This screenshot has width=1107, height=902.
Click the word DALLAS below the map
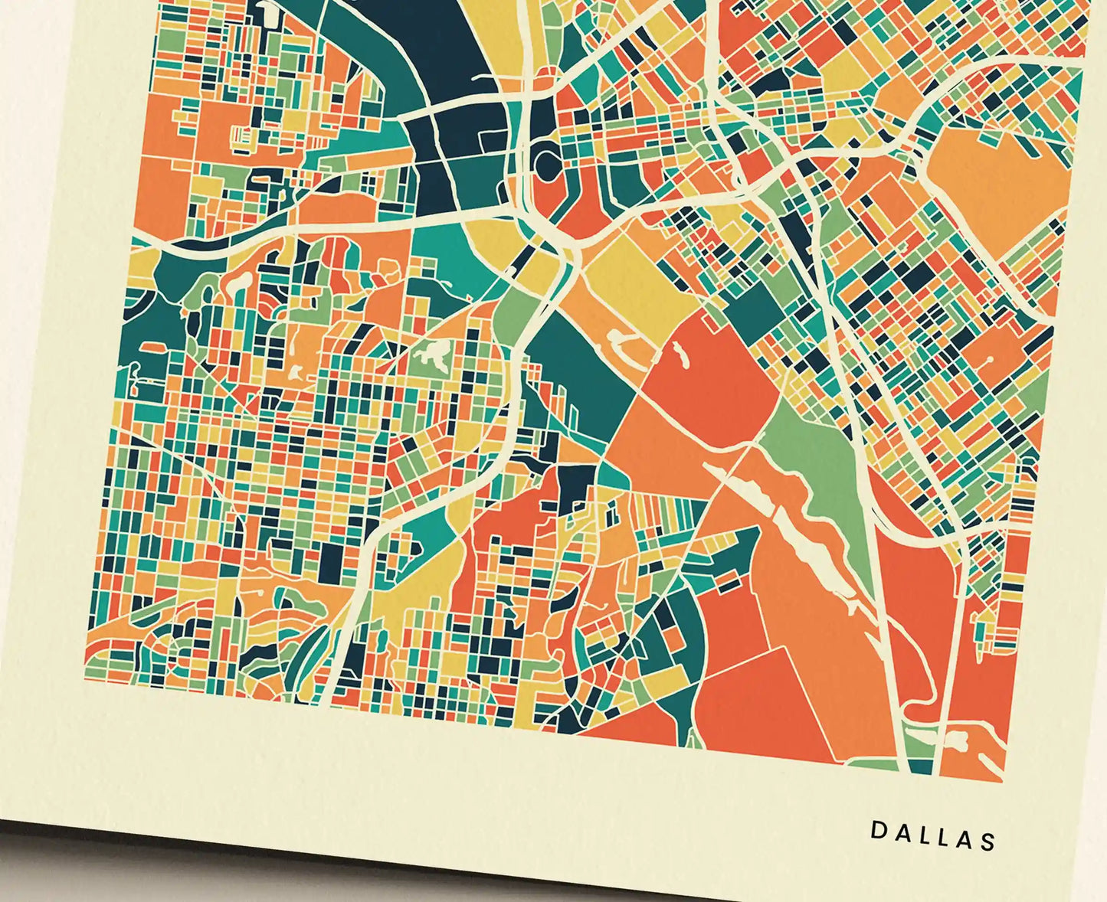pos(933,835)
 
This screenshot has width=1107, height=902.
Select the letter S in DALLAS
pos(987,842)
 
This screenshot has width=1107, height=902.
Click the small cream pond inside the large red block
pos(679,352)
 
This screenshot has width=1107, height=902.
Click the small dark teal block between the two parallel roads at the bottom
pos(922,766)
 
